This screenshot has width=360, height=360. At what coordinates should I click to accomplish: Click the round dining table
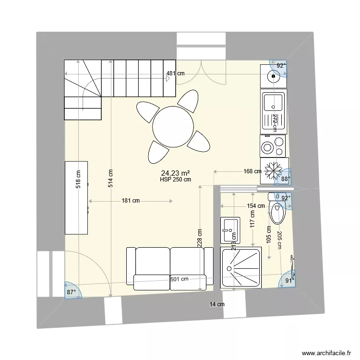coord(173,127)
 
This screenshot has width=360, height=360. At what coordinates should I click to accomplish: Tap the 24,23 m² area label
coord(176,173)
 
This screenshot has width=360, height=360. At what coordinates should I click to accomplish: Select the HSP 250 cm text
coord(176,180)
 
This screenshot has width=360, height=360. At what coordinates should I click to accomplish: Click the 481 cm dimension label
coord(176,74)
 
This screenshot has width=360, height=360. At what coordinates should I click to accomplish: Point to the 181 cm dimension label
coord(131,201)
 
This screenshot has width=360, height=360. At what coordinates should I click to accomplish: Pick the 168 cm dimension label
coord(252,171)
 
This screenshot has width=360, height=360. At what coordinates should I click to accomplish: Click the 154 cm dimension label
coord(255,206)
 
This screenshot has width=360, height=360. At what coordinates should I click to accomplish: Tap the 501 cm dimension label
coord(179,279)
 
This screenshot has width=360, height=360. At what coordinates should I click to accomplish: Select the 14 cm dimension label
coord(217,304)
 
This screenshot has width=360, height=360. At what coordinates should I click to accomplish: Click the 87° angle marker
coord(72,292)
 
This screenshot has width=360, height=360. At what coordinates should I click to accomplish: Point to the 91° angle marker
coord(289,281)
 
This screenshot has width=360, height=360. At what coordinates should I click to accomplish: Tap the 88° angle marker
coord(286,179)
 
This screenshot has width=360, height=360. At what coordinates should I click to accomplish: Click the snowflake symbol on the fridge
coord(274,171)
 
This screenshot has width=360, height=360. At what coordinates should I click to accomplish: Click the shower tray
coord(240,268)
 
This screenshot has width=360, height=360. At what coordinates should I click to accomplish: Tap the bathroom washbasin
coord(231,230)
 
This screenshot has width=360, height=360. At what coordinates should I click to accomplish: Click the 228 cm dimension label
coord(199,237)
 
